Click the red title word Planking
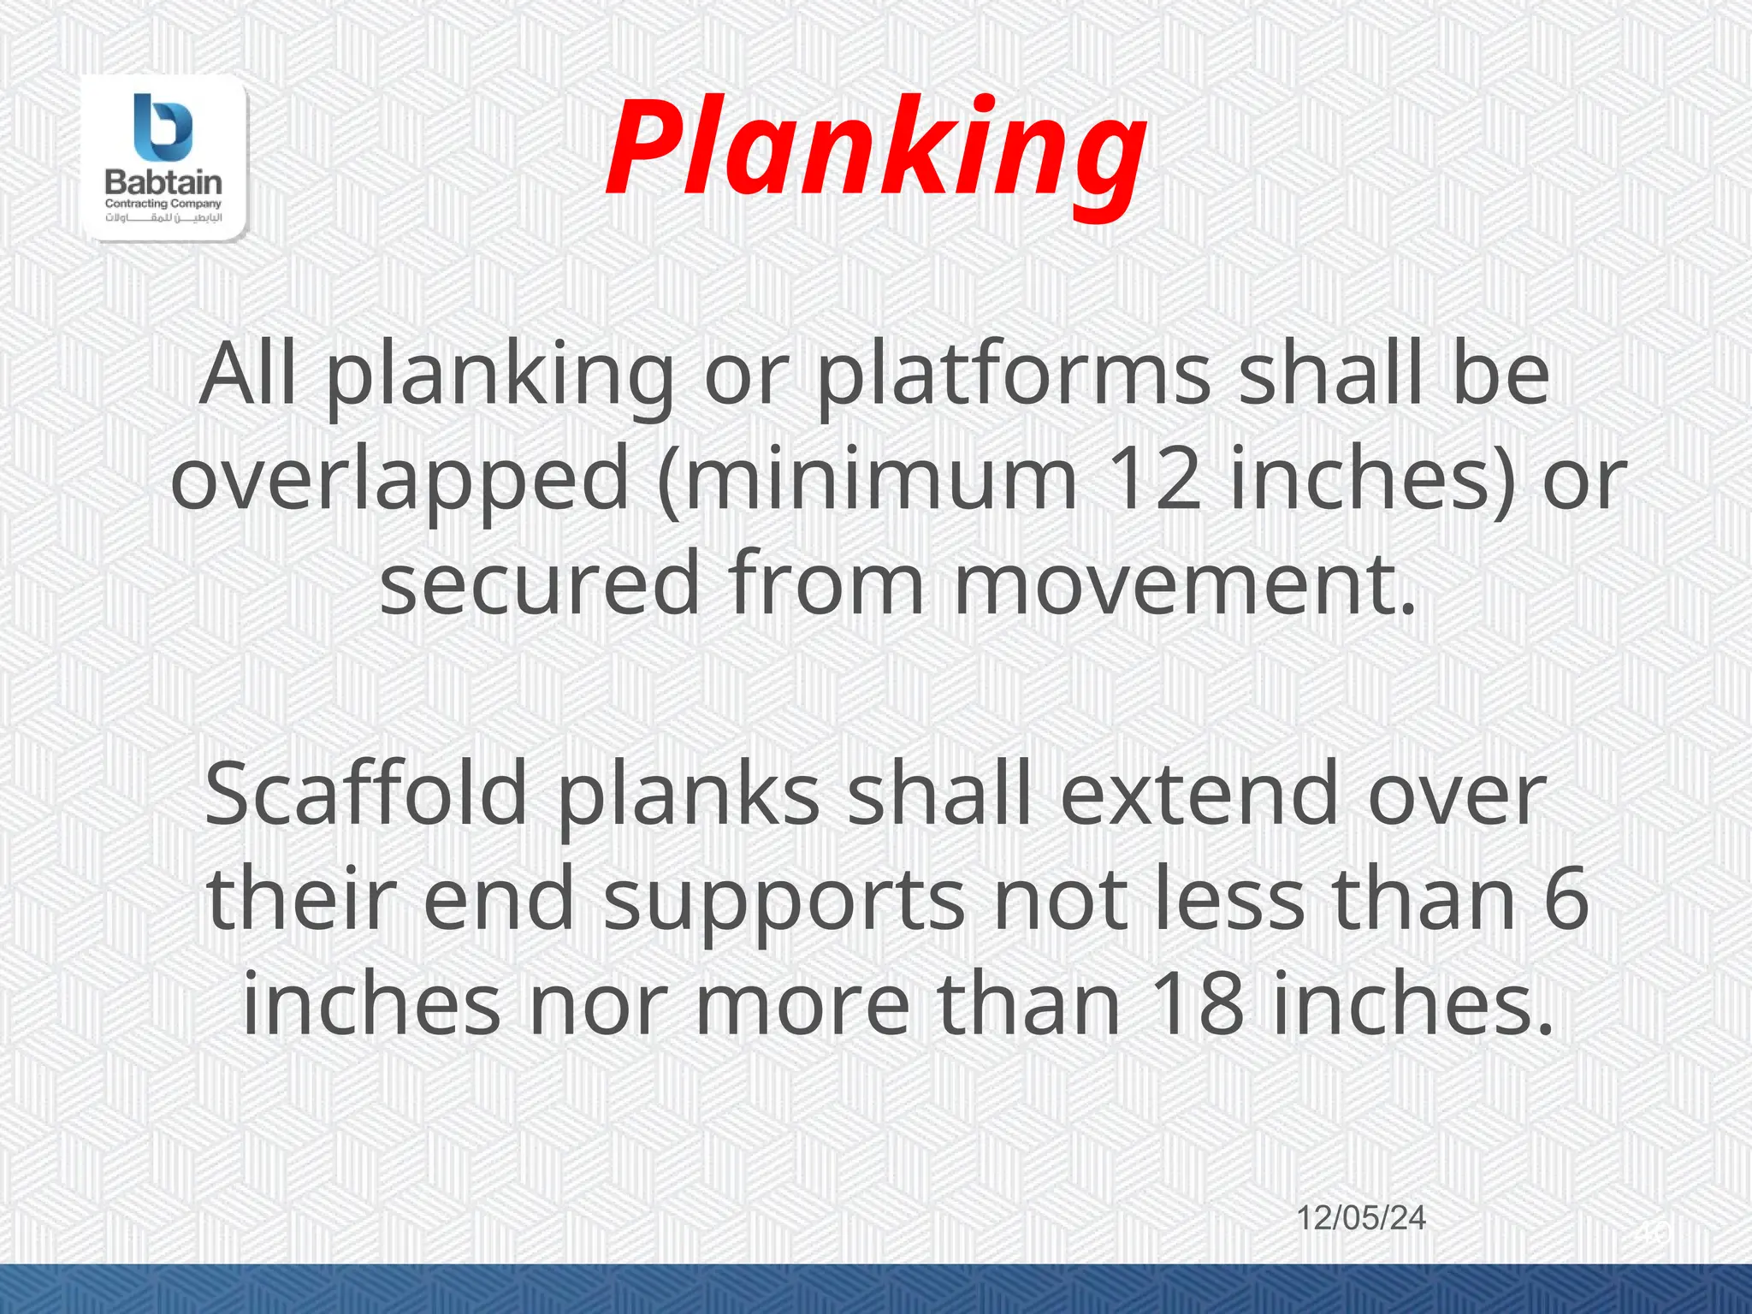874,151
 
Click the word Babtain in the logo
163,182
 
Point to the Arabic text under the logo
163,218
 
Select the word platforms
1013,376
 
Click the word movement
1185,584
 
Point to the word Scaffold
366,796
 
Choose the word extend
1199,796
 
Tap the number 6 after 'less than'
1566,900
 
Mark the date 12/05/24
1361,1218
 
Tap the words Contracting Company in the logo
163,204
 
